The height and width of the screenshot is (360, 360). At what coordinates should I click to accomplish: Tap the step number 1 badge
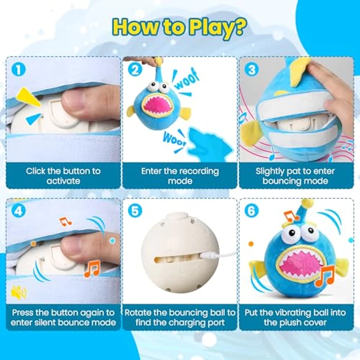tap(19, 69)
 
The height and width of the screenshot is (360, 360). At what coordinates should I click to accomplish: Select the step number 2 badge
tap(135, 69)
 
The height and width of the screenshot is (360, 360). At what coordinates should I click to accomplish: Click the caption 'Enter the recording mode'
tap(179, 175)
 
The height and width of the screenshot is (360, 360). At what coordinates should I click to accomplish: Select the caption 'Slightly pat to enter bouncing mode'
tap(296, 175)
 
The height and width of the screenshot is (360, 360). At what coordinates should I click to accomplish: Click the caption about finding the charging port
tap(179, 317)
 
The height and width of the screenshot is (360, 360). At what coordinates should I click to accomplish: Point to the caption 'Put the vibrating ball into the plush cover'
tap(296, 317)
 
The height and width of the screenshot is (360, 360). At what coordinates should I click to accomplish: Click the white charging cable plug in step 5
tap(210, 255)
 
